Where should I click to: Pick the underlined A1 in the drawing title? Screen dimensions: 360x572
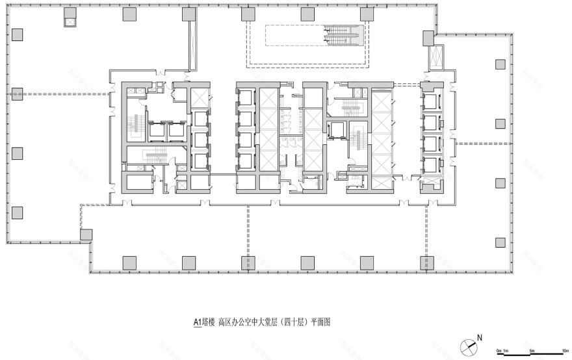198,320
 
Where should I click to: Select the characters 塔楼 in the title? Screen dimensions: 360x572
209,320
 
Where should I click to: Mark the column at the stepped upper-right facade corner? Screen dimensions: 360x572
428,39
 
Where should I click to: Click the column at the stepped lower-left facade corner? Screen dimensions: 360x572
85,235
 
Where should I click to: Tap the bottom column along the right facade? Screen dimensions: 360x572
500,242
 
